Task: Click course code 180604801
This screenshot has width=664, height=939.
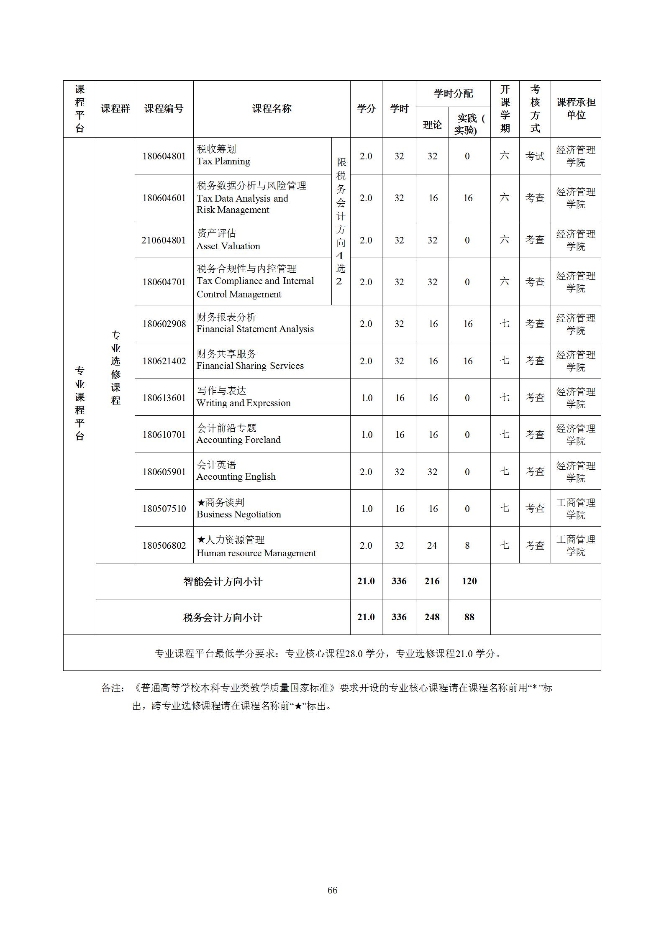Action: tap(164, 156)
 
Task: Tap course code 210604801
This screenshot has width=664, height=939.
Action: tap(164, 240)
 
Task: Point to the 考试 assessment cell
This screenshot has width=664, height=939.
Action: tap(535, 156)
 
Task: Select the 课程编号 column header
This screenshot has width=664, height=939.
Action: tap(164, 109)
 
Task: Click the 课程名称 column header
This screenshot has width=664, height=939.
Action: tap(272, 109)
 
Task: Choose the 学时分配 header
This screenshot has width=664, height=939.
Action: tap(453, 94)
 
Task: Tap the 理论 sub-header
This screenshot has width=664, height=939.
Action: tap(432, 125)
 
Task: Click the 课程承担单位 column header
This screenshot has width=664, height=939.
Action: tap(576, 109)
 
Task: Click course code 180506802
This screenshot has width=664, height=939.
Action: tap(164, 545)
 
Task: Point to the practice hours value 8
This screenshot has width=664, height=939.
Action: tap(467, 545)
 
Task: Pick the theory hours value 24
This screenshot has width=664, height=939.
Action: tap(432, 545)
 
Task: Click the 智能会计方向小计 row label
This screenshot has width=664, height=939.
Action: tap(223, 581)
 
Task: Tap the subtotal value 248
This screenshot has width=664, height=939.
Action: tap(432, 617)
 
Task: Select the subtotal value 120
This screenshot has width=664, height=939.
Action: tap(469, 581)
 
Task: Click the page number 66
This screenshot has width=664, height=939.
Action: tap(332, 890)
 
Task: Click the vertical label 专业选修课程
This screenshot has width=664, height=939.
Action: tap(115, 368)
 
